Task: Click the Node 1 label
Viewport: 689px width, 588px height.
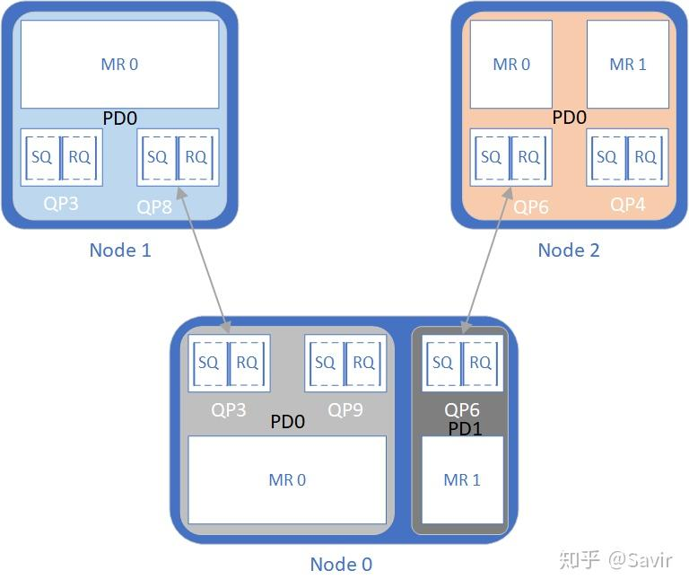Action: tap(120, 250)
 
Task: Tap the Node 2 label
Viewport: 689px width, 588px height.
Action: tap(569, 250)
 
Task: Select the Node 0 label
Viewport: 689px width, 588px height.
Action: tap(341, 565)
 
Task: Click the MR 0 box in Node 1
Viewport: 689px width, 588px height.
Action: tap(119, 65)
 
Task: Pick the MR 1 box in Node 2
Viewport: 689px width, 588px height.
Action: tap(628, 65)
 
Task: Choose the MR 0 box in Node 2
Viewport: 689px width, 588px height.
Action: tap(511, 65)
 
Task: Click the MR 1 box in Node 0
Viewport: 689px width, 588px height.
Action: tap(462, 480)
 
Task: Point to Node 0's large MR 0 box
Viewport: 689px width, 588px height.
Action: tap(287, 480)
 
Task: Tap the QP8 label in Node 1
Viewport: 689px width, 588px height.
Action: tap(154, 207)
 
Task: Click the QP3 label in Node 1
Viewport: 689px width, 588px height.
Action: tap(61, 204)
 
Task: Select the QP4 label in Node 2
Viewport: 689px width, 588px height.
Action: tap(628, 205)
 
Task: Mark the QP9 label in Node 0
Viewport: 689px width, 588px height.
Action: tap(345, 410)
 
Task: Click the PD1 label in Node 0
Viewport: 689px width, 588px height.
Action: tap(466, 429)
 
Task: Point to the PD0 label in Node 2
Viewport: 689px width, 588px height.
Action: tap(569, 118)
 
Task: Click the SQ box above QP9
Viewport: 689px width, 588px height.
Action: tap(325, 363)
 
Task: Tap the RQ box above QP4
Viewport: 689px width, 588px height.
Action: tap(646, 157)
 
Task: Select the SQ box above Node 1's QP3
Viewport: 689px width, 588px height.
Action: tap(42, 157)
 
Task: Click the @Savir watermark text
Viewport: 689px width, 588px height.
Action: tap(641, 560)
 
